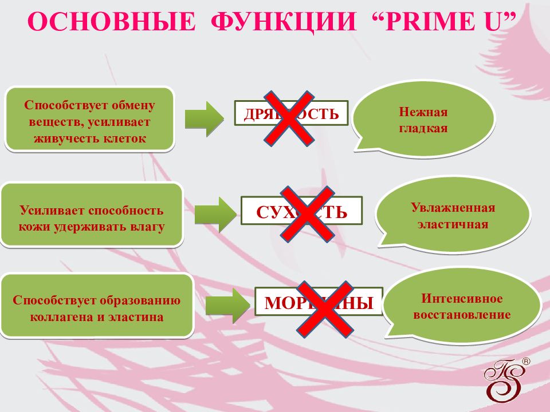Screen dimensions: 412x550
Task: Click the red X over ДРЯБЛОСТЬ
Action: [288, 117]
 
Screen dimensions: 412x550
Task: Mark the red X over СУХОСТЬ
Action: [307, 213]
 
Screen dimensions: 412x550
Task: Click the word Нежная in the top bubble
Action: [423, 112]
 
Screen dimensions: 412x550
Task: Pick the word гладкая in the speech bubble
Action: [423, 128]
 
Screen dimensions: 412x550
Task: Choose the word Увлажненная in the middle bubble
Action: [453, 207]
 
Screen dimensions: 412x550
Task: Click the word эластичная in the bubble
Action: [453, 224]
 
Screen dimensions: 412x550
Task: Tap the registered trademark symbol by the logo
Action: [527, 362]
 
